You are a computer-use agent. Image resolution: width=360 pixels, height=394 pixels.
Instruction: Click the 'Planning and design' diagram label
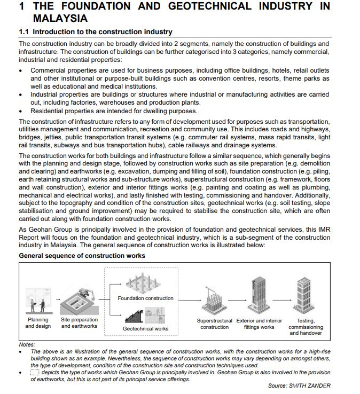coord(38,323)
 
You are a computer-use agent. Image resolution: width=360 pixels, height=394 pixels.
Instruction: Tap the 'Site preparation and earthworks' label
coord(79,323)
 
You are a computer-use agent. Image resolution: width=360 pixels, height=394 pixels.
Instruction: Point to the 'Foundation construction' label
coord(146,298)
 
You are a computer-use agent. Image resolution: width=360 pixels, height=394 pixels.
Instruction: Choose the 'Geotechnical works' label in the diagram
coord(146,329)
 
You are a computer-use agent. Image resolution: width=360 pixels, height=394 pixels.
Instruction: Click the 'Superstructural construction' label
coord(215,324)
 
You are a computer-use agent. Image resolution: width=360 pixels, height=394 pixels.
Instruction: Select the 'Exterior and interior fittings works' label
coord(259,324)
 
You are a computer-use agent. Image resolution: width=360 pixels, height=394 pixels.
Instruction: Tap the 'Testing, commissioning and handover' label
coord(306,327)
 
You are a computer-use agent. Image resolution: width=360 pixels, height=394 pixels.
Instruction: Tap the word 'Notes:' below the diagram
coord(27,344)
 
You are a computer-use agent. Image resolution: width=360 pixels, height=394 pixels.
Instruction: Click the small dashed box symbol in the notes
coord(35,373)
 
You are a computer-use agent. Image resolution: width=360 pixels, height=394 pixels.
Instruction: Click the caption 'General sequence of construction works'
coord(82,256)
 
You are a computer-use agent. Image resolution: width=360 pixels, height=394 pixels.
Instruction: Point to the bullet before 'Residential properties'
coord(21,111)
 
